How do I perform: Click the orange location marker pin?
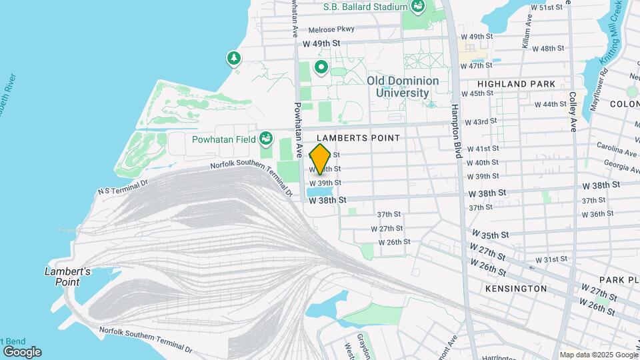click(320, 159)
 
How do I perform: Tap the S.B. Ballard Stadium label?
click(365, 7)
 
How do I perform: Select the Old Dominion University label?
click(403, 87)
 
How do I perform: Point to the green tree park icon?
click(233, 59)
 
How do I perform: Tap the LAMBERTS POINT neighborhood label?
click(363, 138)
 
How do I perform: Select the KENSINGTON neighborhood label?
click(516, 289)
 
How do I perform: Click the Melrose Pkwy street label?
click(332, 29)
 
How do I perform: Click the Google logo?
click(21, 351)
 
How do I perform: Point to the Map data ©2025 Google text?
click(598, 355)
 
